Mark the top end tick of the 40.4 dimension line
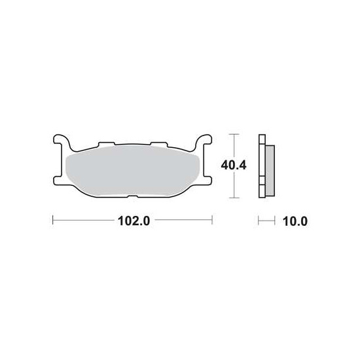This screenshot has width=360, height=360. [234, 134]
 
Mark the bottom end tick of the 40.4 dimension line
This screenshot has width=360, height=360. [234, 198]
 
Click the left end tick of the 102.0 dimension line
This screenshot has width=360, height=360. [52, 221]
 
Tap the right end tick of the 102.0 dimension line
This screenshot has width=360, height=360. [213, 221]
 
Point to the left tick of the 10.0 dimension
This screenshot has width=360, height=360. [259, 221]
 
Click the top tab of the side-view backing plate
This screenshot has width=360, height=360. [262, 138]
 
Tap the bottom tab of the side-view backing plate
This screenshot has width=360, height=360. [262, 194]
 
